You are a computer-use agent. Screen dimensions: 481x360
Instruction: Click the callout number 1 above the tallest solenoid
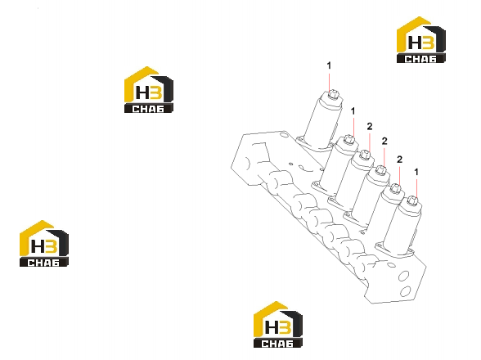[329, 65]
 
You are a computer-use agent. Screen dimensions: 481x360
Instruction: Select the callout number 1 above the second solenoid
[353, 111]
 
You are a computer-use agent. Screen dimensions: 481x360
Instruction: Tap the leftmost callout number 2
[370, 126]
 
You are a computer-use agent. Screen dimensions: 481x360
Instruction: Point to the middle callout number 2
[384, 142]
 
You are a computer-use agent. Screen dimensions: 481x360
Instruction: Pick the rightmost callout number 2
[399, 160]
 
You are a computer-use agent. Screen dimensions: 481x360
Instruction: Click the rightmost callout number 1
[416, 172]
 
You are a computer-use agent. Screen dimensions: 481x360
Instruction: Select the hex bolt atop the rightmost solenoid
[412, 201]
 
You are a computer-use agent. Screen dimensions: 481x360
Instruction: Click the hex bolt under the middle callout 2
[380, 170]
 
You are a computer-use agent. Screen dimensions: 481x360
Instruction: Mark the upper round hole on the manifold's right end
[403, 276]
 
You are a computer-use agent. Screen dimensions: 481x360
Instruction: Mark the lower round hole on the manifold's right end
[406, 291]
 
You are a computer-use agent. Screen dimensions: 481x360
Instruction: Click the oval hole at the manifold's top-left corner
[284, 135]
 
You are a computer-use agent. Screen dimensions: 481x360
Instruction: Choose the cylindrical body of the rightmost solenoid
[402, 227]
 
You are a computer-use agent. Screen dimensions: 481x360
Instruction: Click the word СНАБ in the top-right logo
[420, 59]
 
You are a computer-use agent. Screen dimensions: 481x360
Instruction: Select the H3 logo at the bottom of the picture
[277, 325]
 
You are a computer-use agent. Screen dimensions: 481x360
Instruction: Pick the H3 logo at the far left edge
[44, 244]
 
